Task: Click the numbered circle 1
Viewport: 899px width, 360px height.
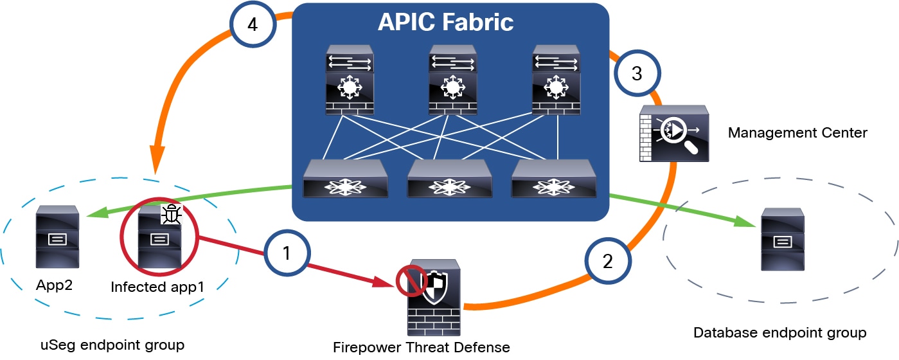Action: pos(287,253)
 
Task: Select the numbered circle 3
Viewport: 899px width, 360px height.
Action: pos(636,74)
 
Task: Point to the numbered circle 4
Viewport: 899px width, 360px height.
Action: pos(253,26)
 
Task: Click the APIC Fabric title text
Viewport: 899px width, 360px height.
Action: pos(445,22)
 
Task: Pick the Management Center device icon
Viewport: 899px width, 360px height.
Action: pos(674,134)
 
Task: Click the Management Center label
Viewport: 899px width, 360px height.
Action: pos(797,133)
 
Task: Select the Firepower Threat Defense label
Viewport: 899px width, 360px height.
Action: pos(421,348)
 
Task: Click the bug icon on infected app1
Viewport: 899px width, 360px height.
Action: pos(170,214)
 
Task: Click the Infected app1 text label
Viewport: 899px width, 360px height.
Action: pos(157,287)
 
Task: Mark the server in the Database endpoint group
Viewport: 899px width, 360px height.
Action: pos(782,239)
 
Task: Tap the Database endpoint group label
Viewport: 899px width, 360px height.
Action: pos(780,333)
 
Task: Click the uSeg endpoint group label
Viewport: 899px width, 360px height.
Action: pos(111,345)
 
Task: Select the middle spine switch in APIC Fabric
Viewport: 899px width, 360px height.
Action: pos(454,80)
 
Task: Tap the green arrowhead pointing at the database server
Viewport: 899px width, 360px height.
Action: pos(747,222)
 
